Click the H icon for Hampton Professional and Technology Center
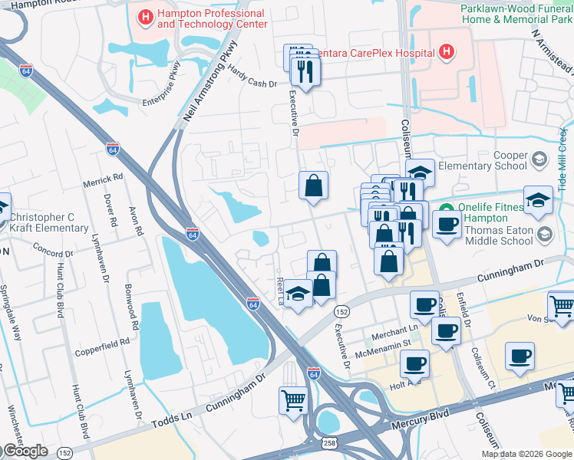coord(144,16)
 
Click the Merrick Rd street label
coord(103,178)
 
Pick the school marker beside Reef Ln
coord(298,294)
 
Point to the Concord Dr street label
coord(53,249)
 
